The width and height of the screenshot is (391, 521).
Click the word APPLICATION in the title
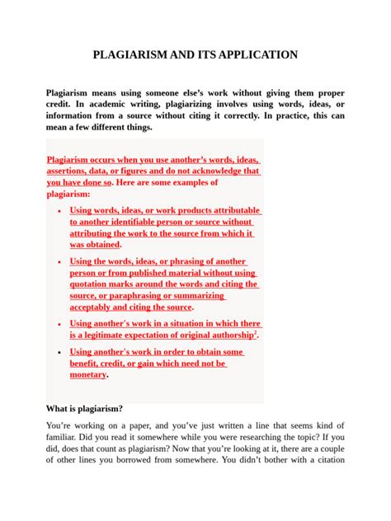point(253,56)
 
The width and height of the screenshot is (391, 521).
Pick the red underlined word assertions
point(80,171)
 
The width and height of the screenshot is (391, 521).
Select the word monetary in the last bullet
point(88,374)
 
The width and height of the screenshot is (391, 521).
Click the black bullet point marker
point(59,352)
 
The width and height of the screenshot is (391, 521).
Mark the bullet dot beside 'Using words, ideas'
point(59,212)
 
